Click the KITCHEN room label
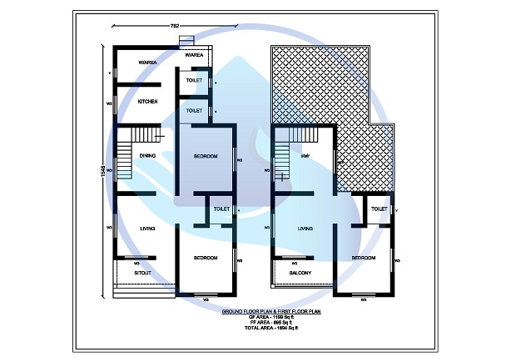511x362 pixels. [148, 102]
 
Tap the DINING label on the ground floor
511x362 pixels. [148, 155]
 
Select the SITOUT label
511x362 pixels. [143, 273]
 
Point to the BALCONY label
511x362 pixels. [300, 274]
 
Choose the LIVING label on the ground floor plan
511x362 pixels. [148, 227]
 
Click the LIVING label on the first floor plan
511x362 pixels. [305, 227]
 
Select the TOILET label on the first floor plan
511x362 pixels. [379, 209]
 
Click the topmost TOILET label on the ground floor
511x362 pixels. [194, 81]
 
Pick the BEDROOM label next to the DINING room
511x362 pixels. [206, 156]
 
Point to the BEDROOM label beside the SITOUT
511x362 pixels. [206, 258]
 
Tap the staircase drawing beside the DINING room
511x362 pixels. [126, 158]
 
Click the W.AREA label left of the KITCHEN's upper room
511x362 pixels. [148, 60]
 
